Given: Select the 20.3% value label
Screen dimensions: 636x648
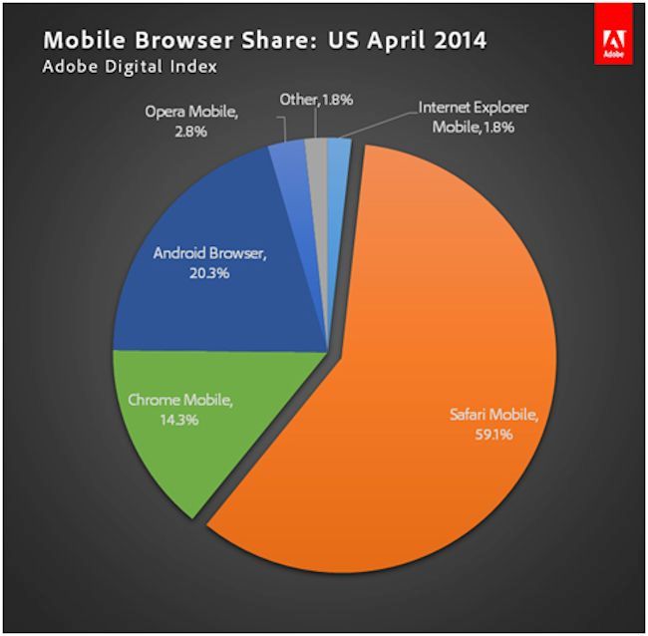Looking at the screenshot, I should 209,272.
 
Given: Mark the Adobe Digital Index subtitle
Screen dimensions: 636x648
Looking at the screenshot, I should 130,69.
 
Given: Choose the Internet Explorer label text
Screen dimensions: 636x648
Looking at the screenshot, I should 475,107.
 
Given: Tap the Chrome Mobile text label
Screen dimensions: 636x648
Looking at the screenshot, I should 180,401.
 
